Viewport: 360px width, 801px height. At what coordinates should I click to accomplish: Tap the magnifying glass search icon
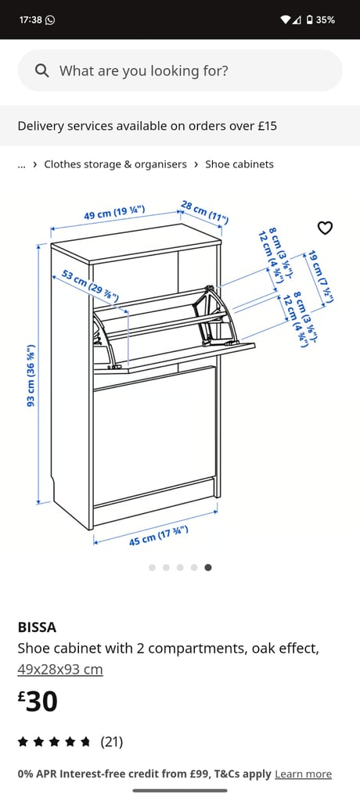tap(42, 70)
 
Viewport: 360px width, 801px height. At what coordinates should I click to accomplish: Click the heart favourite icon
tap(326, 228)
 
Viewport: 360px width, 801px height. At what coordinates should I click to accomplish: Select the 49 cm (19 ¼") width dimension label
tap(114, 212)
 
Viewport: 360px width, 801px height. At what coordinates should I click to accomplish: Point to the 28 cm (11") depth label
tap(204, 212)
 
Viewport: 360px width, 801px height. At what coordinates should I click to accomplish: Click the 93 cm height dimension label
tap(31, 375)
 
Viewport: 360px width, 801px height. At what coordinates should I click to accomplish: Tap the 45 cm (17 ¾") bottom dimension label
tap(159, 535)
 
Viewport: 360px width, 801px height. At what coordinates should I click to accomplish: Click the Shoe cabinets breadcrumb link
tap(239, 164)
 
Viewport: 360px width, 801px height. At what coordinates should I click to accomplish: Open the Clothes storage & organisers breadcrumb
tap(116, 164)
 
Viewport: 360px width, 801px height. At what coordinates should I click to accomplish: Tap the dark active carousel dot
tap(208, 568)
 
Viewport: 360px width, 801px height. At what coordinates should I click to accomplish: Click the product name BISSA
tap(37, 627)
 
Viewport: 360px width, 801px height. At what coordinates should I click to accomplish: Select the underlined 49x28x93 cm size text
tap(60, 670)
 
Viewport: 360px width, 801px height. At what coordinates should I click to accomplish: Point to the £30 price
tap(38, 702)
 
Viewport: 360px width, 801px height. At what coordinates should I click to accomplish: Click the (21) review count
tap(111, 742)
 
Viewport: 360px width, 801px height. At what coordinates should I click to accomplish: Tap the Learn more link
tap(303, 774)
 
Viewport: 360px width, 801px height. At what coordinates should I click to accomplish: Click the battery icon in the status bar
tap(309, 20)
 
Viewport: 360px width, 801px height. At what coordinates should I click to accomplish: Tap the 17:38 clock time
tap(31, 20)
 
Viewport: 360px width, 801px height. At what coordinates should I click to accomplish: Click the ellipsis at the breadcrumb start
tap(21, 166)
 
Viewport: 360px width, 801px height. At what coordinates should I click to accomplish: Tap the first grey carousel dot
tap(152, 568)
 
